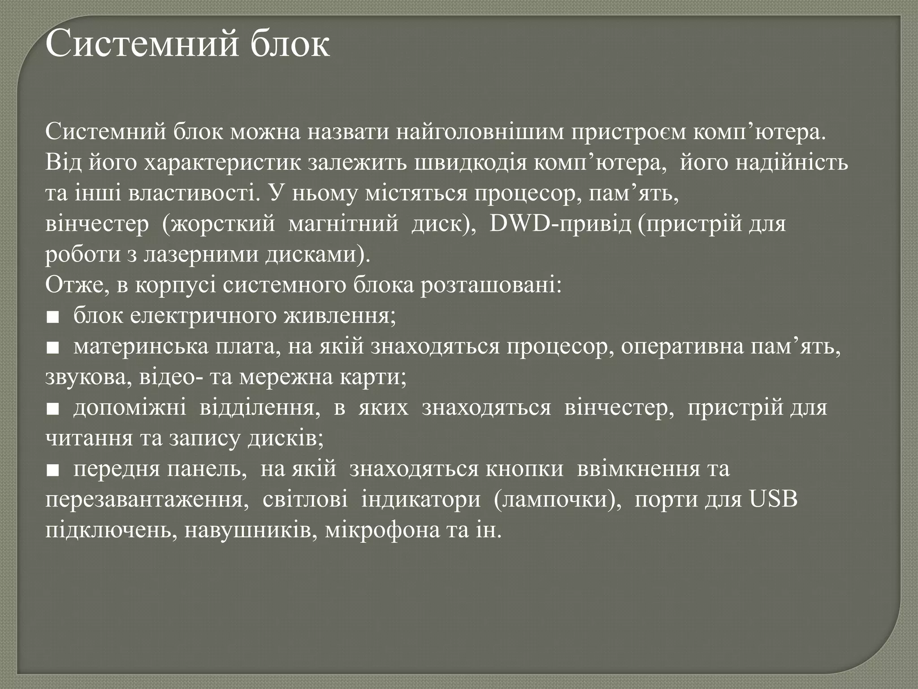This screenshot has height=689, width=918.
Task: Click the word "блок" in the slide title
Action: [290, 45]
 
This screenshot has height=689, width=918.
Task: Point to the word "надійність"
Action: [792, 163]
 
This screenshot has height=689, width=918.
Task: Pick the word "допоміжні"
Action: [130, 407]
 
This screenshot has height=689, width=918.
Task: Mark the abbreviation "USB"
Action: [774, 499]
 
